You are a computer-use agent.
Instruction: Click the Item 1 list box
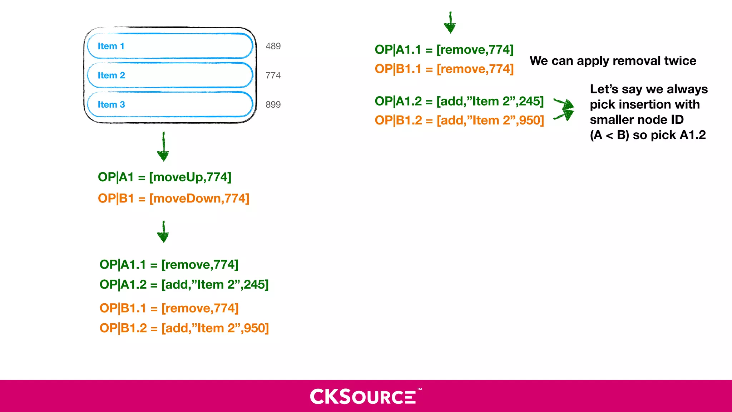coord(170,46)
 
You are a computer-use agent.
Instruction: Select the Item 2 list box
coord(170,75)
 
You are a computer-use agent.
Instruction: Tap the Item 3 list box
coord(170,104)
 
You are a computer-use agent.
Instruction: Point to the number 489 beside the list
coord(273,46)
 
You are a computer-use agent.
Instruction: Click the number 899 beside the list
coord(273,104)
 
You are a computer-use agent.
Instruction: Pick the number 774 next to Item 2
coord(273,75)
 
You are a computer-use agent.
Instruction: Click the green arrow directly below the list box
coord(163,147)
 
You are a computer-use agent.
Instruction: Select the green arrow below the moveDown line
coord(163,232)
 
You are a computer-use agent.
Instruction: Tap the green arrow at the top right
coord(450,23)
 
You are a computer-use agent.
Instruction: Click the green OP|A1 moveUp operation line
coord(164,177)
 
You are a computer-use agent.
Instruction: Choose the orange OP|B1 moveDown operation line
coord(173,198)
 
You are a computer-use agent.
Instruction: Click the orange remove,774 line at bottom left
coord(169,308)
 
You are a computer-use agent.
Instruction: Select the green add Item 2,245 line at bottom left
coord(184,285)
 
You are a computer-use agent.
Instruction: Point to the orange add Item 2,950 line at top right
coord(459,121)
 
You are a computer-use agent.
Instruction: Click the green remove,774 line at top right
coord(444,50)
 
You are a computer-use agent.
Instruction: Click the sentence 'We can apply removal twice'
coord(613,61)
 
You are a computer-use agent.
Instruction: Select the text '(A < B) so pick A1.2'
coord(648,135)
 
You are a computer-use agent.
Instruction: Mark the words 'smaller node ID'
coord(637,119)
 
